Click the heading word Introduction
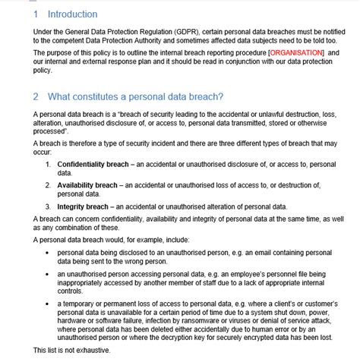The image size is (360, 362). [x=72, y=14]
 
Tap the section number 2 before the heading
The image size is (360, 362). [x=36, y=96]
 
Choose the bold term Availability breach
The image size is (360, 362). [x=87, y=184]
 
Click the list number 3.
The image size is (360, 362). [x=48, y=206]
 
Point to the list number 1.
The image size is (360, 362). [x=48, y=164]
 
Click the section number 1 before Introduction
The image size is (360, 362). [x=36, y=14]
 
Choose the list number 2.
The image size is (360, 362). [x=48, y=184]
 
